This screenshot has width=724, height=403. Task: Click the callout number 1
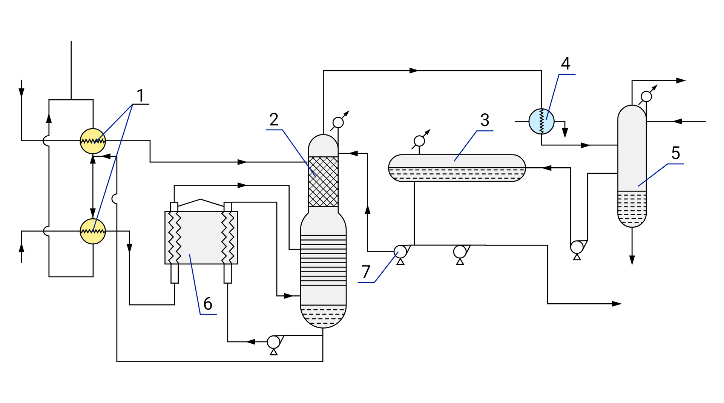(x=140, y=96)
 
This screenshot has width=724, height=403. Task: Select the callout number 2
(x=274, y=120)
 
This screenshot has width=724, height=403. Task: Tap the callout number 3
(x=485, y=120)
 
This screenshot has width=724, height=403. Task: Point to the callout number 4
(x=565, y=64)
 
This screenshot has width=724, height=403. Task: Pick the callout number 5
(x=675, y=153)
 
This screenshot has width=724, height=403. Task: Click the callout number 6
(x=208, y=304)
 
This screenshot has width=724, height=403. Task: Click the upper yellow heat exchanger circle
(x=93, y=141)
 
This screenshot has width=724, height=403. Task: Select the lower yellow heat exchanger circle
(x=93, y=231)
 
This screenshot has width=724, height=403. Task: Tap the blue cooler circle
(x=541, y=121)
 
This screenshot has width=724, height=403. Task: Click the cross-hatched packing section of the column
(x=323, y=182)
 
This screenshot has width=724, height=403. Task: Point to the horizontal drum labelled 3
(x=457, y=168)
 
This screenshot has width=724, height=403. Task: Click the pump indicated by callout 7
(x=400, y=252)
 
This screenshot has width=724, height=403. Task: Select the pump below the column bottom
(x=273, y=342)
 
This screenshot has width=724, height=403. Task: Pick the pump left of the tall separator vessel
(x=577, y=247)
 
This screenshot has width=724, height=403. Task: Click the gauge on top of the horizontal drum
(x=419, y=141)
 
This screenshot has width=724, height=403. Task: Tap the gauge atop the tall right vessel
(x=646, y=97)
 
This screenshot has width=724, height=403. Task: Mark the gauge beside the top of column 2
(x=338, y=123)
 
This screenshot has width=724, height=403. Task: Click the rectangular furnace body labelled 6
(x=201, y=238)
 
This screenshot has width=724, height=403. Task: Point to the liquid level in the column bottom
(x=323, y=316)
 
